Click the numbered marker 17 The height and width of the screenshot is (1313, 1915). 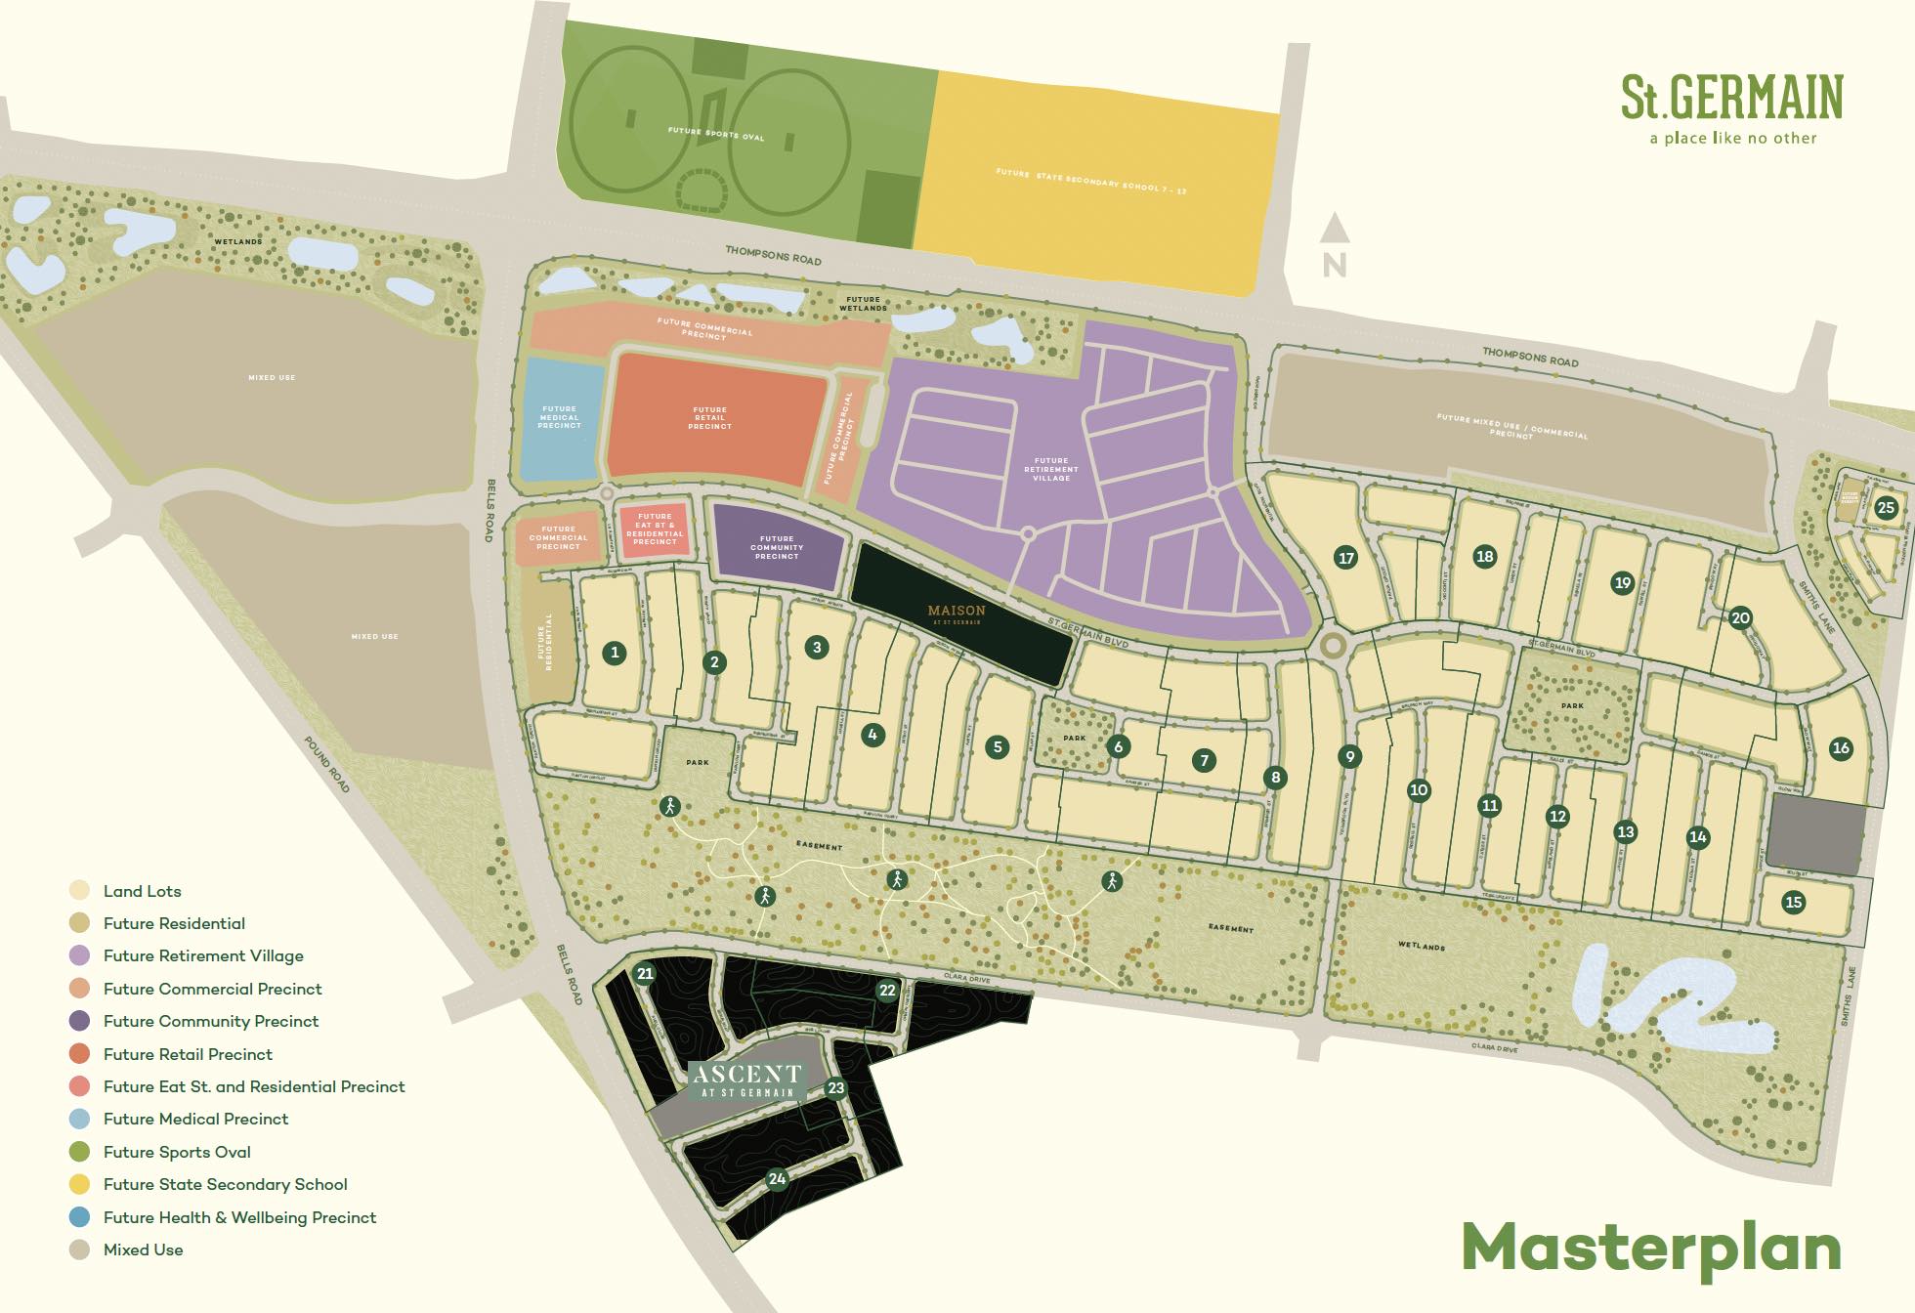pyautogui.click(x=1346, y=558)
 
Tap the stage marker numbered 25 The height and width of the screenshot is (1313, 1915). pyautogui.click(x=1886, y=507)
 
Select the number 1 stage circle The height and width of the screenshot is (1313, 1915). pyautogui.click(x=614, y=653)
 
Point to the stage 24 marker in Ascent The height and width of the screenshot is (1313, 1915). pyautogui.click(x=777, y=1178)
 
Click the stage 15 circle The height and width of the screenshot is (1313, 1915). pyautogui.click(x=1793, y=902)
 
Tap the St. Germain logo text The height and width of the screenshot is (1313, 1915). pyautogui.click(x=1731, y=98)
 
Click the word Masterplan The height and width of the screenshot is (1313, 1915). pyautogui.click(x=1651, y=1249)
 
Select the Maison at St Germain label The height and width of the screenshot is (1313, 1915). pyautogui.click(x=957, y=614)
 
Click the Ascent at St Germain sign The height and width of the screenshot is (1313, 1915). pyautogui.click(x=747, y=1080)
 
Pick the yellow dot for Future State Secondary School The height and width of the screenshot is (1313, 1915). pyautogui.click(x=80, y=1184)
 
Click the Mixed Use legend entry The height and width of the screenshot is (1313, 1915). pyautogui.click(x=143, y=1249)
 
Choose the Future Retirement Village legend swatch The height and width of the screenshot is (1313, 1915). pyautogui.click(x=80, y=955)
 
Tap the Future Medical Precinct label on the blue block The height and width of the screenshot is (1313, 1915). pyautogui.click(x=559, y=417)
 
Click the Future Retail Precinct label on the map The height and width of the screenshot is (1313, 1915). pyautogui.click(x=709, y=418)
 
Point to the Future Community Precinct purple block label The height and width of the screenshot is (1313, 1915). pyautogui.click(x=777, y=547)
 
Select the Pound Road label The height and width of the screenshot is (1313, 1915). pyautogui.click(x=326, y=765)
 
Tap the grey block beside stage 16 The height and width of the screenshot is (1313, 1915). pyautogui.click(x=1816, y=835)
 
